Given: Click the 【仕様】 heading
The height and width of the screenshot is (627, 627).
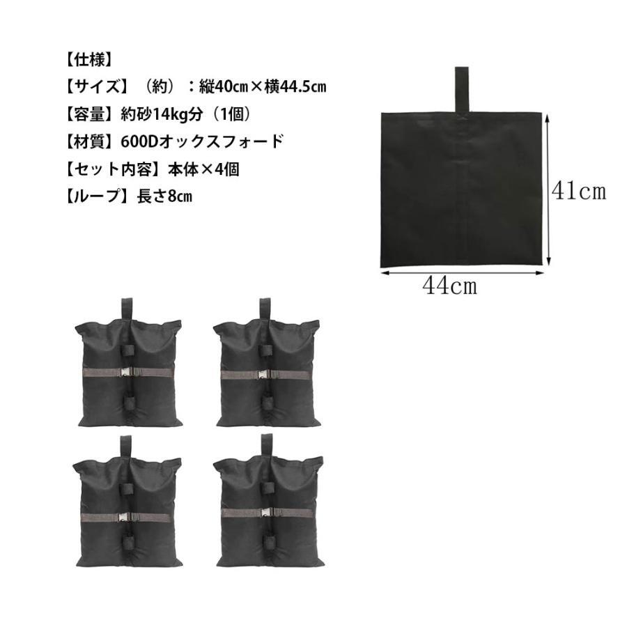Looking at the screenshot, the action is tap(88, 61).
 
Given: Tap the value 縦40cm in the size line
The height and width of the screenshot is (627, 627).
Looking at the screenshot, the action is tap(224, 87).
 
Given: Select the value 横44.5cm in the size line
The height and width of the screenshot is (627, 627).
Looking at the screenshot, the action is tap(295, 87).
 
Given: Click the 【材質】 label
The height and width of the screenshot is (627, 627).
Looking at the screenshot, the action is tap(88, 141).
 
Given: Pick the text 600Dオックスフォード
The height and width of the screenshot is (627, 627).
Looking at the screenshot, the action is tap(202, 141).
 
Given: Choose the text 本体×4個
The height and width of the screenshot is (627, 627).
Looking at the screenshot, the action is tap(203, 169).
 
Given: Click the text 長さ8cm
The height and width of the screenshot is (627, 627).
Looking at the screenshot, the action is tap(164, 196).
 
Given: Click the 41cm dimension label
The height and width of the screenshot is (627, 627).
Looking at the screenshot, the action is tap(579, 191).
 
